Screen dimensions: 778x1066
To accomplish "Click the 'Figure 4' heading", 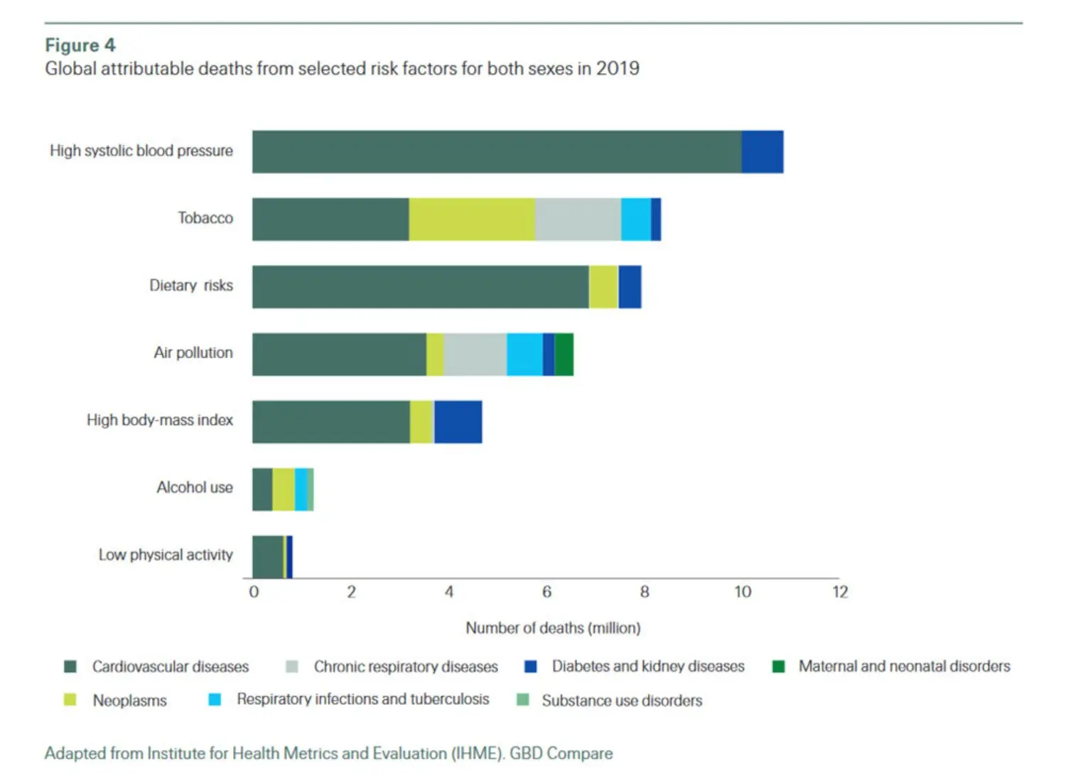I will (80, 45).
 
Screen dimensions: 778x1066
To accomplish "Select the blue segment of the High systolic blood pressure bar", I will (763, 152).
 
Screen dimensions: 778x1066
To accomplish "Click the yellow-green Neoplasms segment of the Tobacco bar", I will (472, 220).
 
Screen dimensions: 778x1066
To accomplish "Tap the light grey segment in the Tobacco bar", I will (578, 220).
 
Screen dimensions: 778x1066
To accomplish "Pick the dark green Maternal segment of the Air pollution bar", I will (564, 355).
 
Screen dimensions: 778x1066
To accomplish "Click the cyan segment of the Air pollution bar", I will (524, 355).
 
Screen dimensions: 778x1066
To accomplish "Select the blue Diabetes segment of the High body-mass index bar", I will (458, 422).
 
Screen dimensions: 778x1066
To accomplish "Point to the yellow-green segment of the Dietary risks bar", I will (603, 287).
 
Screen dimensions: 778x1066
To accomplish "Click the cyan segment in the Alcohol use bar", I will (301, 490).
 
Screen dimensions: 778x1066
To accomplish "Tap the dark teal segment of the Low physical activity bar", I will (267, 557).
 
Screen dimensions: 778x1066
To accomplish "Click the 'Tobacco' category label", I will (205, 218).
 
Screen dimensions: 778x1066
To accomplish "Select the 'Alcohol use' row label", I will (195, 487).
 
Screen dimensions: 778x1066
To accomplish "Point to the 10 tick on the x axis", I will (743, 592).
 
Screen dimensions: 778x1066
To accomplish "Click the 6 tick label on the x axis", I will (547, 592).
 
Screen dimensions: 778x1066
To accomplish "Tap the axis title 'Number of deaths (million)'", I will (553, 628).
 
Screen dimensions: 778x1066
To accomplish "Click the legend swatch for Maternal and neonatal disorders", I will (778, 666).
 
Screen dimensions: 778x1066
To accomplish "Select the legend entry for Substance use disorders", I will (622, 701).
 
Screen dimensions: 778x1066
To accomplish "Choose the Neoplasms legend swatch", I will (70, 700).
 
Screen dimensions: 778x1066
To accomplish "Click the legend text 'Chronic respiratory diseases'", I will (406, 666).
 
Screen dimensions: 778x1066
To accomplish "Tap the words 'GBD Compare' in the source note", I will (561, 753).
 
